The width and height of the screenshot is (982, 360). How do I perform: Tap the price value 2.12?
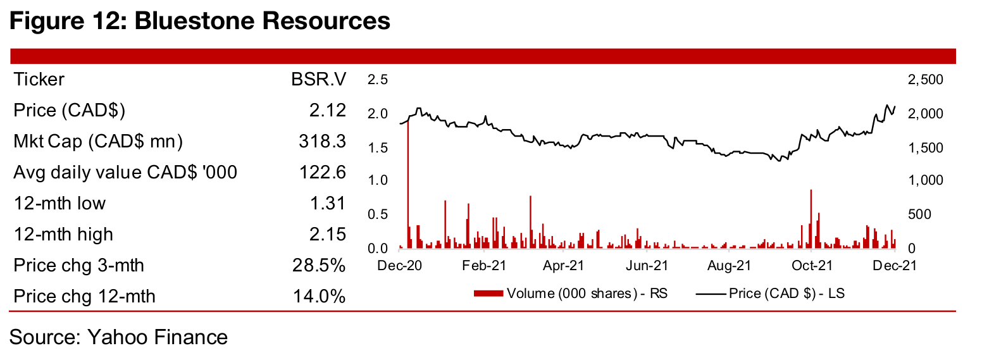click(x=329, y=111)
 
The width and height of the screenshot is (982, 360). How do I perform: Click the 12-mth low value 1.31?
click(x=329, y=203)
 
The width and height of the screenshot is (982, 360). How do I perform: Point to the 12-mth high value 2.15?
click(x=329, y=234)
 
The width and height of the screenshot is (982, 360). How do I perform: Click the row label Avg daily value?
click(x=125, y=172)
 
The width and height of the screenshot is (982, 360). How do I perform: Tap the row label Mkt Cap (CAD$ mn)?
click(x=98, y=142)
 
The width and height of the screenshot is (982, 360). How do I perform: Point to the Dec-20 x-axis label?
click(x=400, y=266)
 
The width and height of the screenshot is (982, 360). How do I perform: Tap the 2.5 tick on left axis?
click(x=377, y=80)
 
